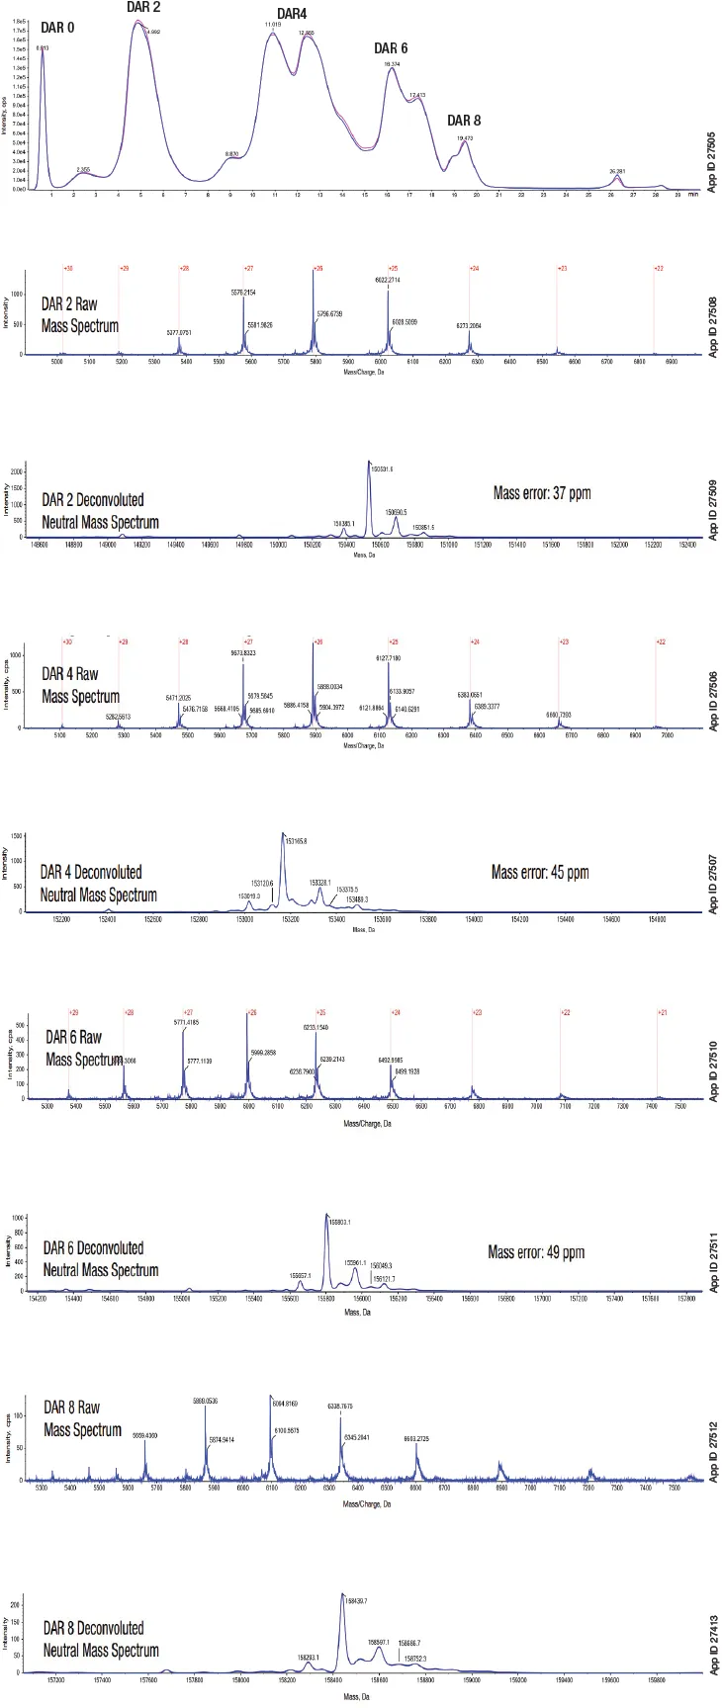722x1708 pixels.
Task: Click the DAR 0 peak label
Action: (x=56, y=28)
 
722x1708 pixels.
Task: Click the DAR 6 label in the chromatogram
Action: (x=390, y=48)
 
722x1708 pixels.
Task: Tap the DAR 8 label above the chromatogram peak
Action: (x=464, y=121)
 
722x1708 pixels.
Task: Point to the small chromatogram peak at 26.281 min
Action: (x=617, y=178)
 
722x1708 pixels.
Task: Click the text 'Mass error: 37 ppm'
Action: (x=541, y=492)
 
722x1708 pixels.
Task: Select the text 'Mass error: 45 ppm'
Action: (x=539, y=872)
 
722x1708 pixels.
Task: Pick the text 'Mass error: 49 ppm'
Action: (x=536, y=1252)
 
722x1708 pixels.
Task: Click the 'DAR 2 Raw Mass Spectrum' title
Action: (x=81, y=314)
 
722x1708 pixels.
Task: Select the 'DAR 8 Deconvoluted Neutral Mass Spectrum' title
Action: (x=100, y=1638)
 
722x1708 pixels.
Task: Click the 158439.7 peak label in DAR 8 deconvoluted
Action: (x=355, y=1600)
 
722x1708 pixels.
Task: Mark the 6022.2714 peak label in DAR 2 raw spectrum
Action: (x=388, y=281)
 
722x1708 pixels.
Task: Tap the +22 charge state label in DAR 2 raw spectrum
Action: (x=659, y=268)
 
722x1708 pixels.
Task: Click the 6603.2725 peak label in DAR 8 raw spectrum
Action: (x=423, y=1439)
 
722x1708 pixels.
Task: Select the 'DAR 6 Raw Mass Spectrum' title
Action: (x=83, y=1049)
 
